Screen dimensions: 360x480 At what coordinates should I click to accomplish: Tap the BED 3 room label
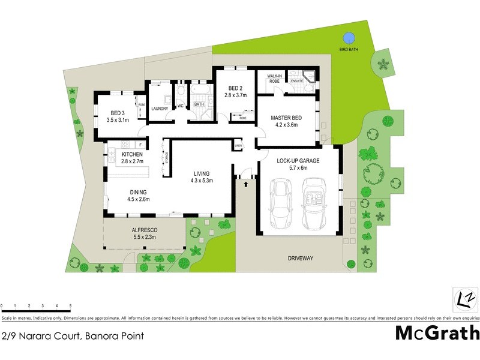click(x=118, y=113)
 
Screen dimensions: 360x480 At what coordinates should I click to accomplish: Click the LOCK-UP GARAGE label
click(x=298, y=161)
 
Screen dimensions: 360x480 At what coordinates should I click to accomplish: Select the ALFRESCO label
click(x=143, y=230)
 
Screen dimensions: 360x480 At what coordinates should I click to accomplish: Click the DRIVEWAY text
click(x=297, y=259)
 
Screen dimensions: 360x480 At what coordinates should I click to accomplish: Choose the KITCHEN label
click(x=132, y=155)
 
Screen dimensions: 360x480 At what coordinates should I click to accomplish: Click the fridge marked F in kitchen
click(x=140, y=145)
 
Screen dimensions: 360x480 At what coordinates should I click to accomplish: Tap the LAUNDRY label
click(x=160, y=109)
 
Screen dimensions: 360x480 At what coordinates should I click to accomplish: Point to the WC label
click(x=179, y=107)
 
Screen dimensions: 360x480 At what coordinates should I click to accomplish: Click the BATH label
click(x=199, y=104)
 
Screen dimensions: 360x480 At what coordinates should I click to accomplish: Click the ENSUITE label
click(x=296, y=80)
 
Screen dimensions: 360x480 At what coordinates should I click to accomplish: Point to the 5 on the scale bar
click(x=70, y=306)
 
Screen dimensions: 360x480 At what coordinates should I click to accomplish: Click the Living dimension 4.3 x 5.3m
click(x=202, y=180)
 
